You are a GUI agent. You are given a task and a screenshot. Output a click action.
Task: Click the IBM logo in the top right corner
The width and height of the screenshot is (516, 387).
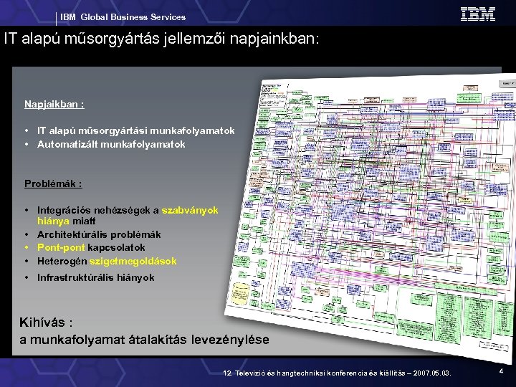[478, 14]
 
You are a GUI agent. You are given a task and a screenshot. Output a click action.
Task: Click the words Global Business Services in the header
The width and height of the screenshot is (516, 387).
[133, 17]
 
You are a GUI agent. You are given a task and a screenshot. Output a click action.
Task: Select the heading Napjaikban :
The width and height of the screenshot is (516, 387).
[54, 105]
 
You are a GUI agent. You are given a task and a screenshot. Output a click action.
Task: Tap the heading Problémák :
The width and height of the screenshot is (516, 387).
[53, 184]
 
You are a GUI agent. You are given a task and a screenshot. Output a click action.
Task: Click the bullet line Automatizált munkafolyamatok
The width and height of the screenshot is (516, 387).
[111, 144]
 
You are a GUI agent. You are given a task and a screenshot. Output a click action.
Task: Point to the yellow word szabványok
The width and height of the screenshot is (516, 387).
[190, 211]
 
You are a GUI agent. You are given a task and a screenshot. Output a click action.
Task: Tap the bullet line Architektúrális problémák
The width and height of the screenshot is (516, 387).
[99, 234]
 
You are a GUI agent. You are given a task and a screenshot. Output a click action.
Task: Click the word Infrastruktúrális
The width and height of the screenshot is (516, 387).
[75, 277]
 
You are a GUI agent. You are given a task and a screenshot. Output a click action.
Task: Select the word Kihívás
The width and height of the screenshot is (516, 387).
[45, 322]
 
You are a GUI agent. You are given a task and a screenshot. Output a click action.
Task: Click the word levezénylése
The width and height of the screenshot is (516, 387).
[231, 339]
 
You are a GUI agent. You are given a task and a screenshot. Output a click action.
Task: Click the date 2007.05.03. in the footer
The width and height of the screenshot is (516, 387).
[432, 373]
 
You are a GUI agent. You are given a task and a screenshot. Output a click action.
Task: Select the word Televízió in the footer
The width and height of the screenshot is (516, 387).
[250, 373]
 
